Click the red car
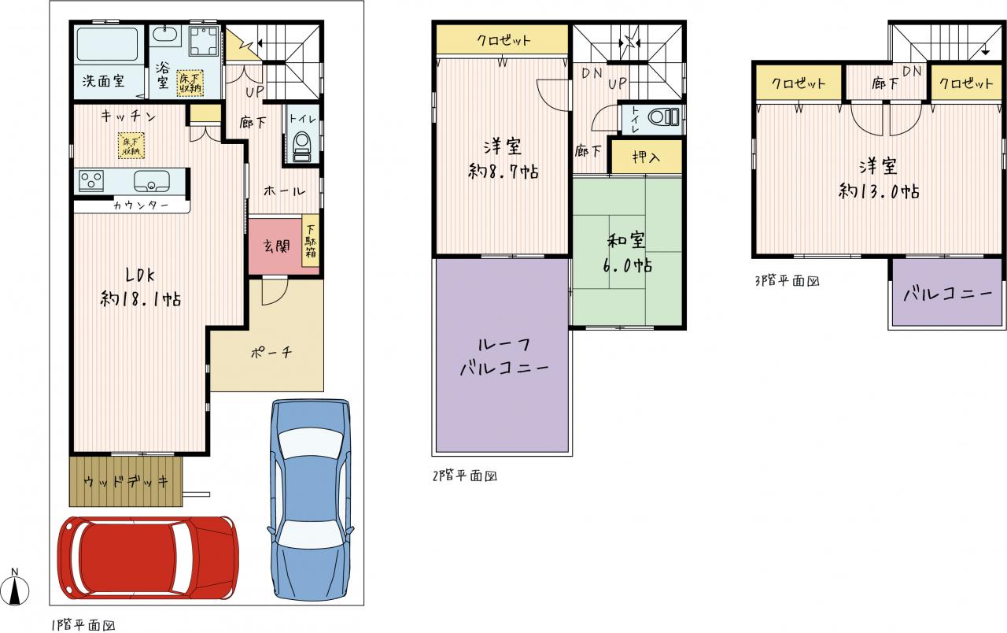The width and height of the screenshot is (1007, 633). pos(148,557)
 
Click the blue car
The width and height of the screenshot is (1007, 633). pos(310,499)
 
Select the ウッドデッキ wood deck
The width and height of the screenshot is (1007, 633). pos(126,481)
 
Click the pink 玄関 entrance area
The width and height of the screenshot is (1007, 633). pos(275,246)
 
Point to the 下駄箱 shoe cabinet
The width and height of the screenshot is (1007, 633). pos(311,246)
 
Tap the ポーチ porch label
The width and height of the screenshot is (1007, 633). pos(271,352)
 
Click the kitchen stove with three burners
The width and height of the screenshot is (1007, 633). pos(91,181)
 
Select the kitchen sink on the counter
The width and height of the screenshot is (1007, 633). pos(152,181)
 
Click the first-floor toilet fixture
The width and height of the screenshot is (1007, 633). pos(301,146)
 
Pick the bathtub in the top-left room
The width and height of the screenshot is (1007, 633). pos(107,45)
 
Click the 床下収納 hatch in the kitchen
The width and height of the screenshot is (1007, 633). pos(131,146)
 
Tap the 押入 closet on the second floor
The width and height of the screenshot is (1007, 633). pos(646,157)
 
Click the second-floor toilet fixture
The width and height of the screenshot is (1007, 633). pos(663,117)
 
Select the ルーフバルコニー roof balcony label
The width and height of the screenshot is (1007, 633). pos(503,357)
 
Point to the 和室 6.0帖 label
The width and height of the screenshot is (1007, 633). pos(627,253)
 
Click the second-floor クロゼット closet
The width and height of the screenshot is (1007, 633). pos(503,39)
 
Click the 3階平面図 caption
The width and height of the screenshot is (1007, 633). pos(787,281)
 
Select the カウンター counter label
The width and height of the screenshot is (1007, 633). pos(141,205)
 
